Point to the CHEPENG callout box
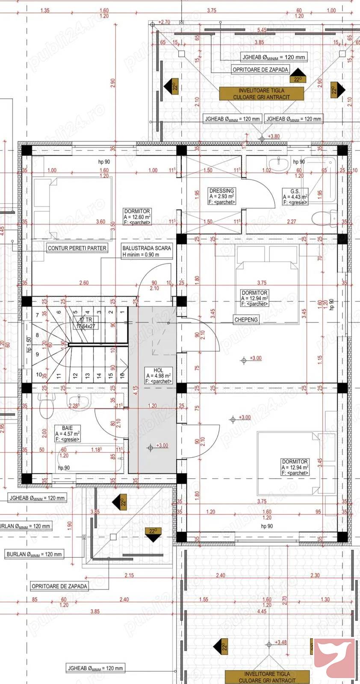point(246,320)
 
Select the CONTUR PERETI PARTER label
point(77,248)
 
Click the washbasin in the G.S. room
point(278,164)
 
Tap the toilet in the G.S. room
point(325,219)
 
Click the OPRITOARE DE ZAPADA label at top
point(260,70)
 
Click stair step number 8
point(37,335)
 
